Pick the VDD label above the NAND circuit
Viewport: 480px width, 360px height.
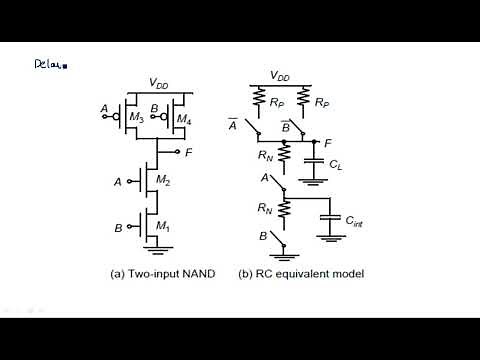click(x=158, y=83)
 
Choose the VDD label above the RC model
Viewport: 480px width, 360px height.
click(x=282, y=75)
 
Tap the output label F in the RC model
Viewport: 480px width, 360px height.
click(x=328, y=144)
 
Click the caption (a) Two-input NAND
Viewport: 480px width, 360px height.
click(x=157, y=273)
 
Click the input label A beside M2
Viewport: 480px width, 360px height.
click(x=119, y=182)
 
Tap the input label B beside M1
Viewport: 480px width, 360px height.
click(x=118, y=228)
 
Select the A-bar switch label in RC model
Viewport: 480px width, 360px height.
click(x=233, y=124)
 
